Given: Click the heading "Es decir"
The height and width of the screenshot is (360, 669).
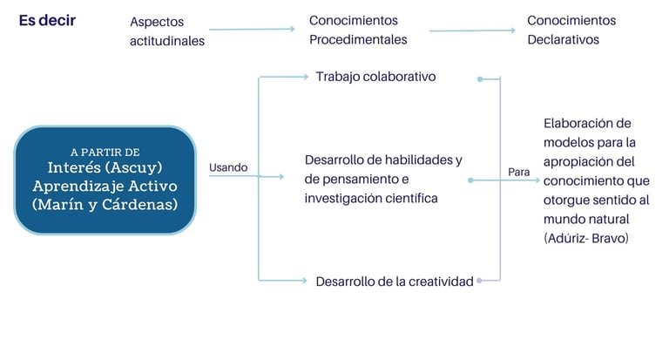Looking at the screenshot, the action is [x=47, y=20].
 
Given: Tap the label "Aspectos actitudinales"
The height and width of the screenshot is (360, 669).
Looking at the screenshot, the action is [x=167, y=31].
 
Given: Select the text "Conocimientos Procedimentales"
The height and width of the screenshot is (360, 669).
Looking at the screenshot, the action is [x=358, y=30].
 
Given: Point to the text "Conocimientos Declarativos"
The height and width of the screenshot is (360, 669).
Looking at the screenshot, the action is [x=571, y=30].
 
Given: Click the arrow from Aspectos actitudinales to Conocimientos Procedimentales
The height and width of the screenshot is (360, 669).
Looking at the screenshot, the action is [x=252, y=30].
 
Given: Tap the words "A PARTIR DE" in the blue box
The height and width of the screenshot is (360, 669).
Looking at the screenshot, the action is [x=105, y=152].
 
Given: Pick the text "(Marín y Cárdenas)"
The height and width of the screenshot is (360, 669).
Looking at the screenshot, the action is [x=105, y=206].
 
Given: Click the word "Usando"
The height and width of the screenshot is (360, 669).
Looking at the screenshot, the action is [x=228, y=167].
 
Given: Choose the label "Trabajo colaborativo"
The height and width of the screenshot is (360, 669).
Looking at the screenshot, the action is [x=375, y=77].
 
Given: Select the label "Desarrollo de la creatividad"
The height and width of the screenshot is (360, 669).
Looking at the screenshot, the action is [x=395, y=281].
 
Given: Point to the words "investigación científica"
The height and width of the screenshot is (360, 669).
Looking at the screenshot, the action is [x=370, y=198].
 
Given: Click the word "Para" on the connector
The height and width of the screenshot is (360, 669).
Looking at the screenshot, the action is [x=518, y=173].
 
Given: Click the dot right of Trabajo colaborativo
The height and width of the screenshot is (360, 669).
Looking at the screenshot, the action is [x=480, y=79].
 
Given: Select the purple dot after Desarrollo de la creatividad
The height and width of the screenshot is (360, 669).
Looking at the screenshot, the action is [x=480, y=281].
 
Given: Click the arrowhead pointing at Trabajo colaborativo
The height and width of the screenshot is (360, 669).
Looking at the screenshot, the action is [x=306, y=77].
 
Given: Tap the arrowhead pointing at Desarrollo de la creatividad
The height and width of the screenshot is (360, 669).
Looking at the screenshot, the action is [x=306, y=281].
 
